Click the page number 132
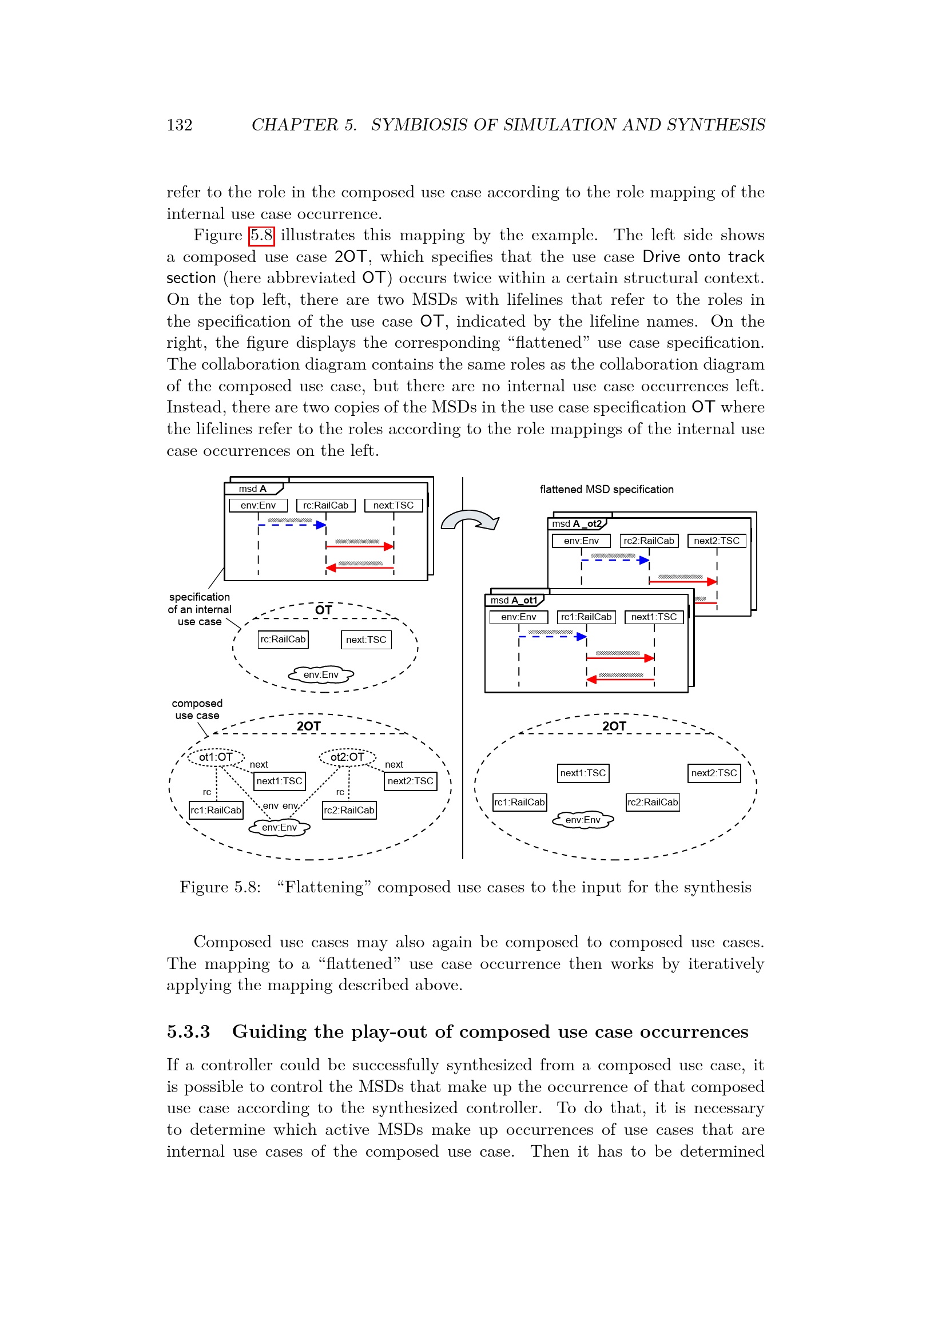pos(180,125)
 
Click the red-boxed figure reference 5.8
pos(261,236)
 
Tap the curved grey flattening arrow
pos(469,519)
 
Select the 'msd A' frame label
pos(253,489)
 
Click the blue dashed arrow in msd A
pos(292,525)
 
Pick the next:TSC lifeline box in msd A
pos(393,505)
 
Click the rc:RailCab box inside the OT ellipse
pos(283,640)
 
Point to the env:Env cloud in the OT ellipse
pos(321,674)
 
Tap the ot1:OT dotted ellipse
pos(216,757)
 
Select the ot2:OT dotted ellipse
pos(348,757)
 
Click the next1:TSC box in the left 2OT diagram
pos(280,781)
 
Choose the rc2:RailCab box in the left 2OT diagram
pos(349,810)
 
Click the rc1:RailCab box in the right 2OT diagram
pos(519,802)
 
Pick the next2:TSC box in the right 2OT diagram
pos(714,773)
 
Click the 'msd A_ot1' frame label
pos(514,600)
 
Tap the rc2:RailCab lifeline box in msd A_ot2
pos(649,541)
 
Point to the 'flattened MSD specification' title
pos(606,490)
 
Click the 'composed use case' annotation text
pos(197,709)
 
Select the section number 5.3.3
pos(188,1032)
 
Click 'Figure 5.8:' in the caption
pos(220,887)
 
